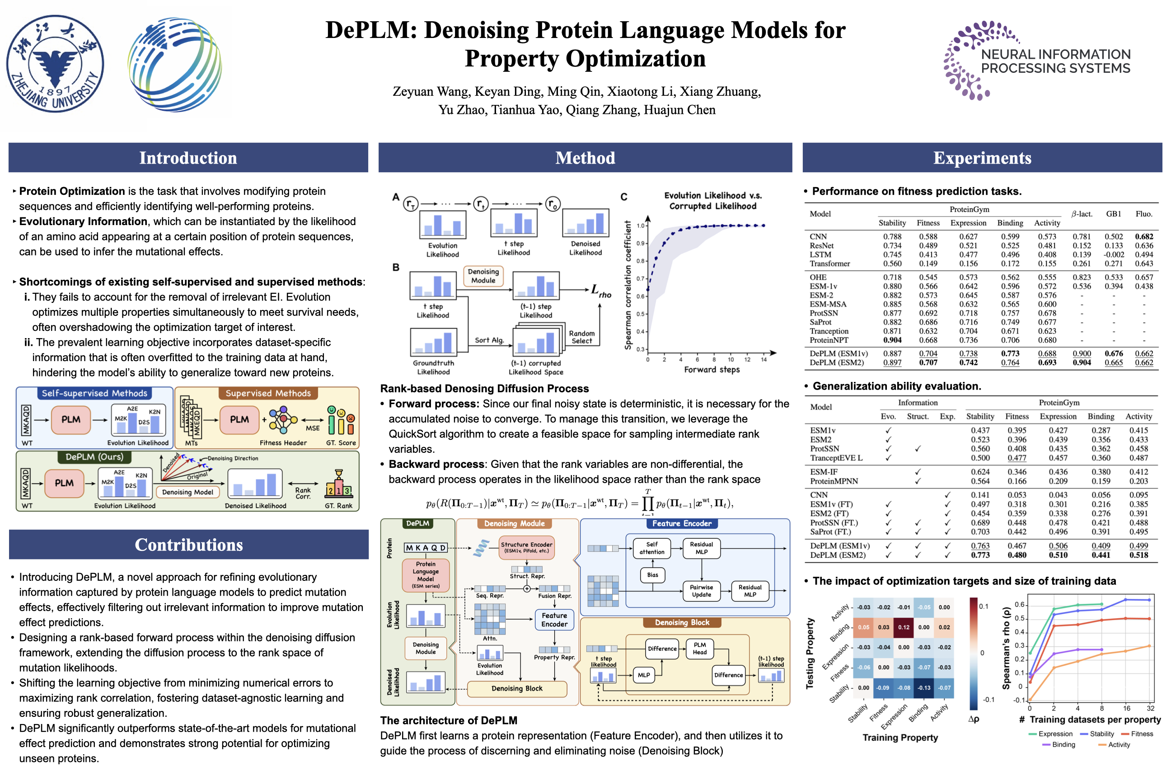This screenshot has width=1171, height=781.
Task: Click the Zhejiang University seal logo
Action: click(55, 64)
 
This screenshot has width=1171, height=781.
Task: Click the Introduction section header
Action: click(188, 158)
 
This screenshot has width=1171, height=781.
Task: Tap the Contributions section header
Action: click(189, 545)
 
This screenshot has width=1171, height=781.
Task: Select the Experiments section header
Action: click(982, 158)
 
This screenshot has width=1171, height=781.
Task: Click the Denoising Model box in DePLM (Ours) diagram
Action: click(187, 492)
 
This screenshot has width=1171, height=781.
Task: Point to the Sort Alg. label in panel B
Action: click(489, 340)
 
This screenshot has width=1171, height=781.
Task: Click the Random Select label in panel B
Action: click(581, 337)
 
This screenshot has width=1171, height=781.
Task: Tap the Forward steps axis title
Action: click(712, 370)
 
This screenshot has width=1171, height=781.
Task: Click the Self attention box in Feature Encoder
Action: click(652, 548)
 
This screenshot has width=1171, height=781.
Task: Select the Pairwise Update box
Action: click(701, 591)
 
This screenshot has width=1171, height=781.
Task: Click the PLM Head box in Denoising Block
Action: click(699, 648)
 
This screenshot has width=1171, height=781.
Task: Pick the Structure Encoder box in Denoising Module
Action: click(526, 547)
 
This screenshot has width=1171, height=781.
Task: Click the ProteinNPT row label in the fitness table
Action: click(829, 340)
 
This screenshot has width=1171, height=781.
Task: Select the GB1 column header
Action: click(1113, 214)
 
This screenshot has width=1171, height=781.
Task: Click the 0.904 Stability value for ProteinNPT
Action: click(892, 340)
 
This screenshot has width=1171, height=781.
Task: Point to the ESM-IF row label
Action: click(824, 472)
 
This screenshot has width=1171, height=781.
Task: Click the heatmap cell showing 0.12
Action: click(904, 627)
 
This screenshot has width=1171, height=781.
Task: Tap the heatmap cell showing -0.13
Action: click(924, 687)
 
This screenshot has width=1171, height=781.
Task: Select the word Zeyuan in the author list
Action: click(412, 92)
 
